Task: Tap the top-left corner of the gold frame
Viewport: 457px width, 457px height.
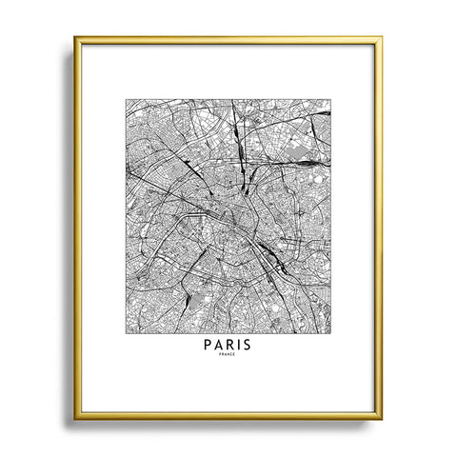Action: [75, 38]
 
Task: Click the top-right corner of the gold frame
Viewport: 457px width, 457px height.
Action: [382, 38]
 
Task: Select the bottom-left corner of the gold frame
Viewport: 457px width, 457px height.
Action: [75, 419]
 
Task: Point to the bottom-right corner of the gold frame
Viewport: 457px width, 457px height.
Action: [382, 419]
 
